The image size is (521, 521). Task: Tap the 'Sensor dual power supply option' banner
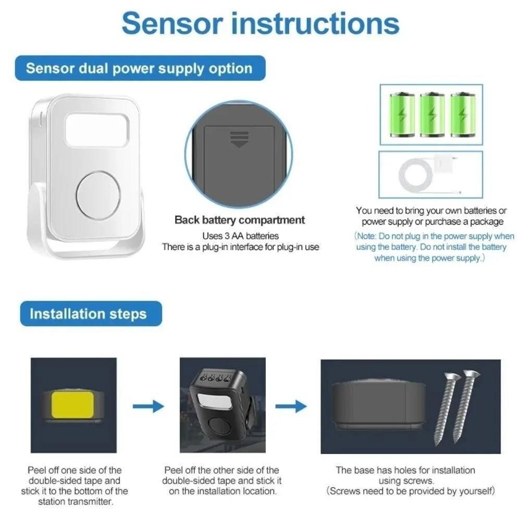click(x=139, y=68)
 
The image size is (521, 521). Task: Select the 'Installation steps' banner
click(x=88, y=314)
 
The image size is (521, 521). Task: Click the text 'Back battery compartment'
click(x=240, y=220)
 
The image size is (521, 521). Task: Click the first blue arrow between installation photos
click(x=148, y=406)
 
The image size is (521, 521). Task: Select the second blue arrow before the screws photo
click(x=291, y=406)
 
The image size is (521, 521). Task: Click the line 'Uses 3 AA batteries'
click(x=240, y=235)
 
